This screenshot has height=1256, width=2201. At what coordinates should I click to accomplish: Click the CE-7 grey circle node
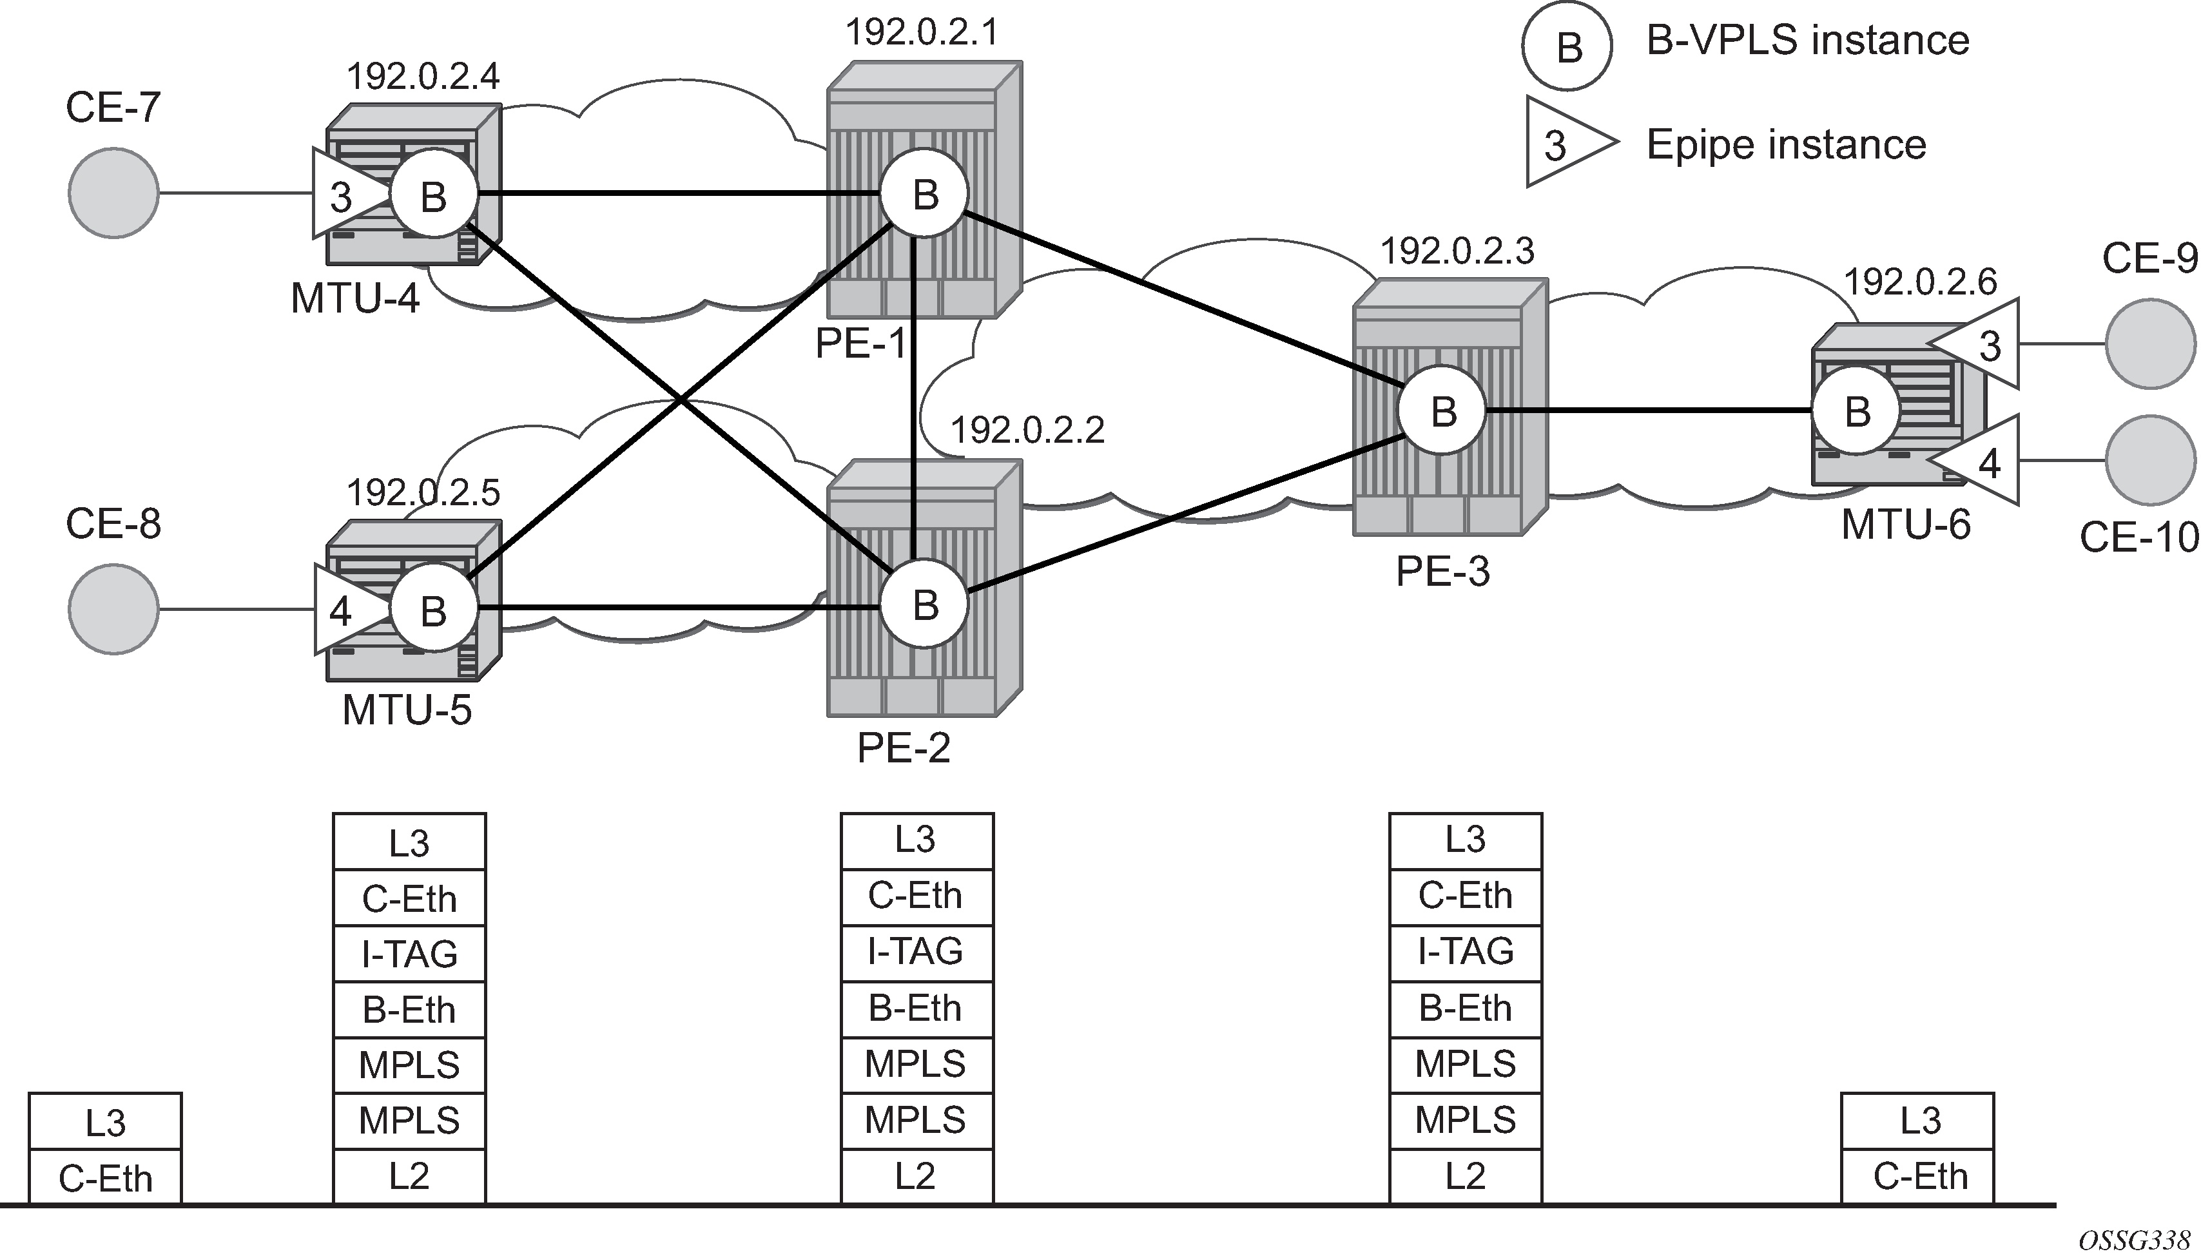click(113, 193)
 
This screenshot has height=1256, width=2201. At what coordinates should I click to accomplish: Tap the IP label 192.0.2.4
click(423, 77)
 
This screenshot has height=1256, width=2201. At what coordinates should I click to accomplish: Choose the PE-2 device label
click(903, 747)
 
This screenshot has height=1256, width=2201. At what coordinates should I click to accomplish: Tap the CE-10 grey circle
click(2149, 459)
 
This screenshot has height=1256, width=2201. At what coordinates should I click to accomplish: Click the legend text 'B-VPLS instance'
click(1808, 41)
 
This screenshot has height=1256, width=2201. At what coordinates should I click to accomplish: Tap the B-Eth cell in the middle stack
click(916, 1007)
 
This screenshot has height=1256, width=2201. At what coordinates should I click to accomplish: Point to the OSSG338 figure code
click(2134, 1241)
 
